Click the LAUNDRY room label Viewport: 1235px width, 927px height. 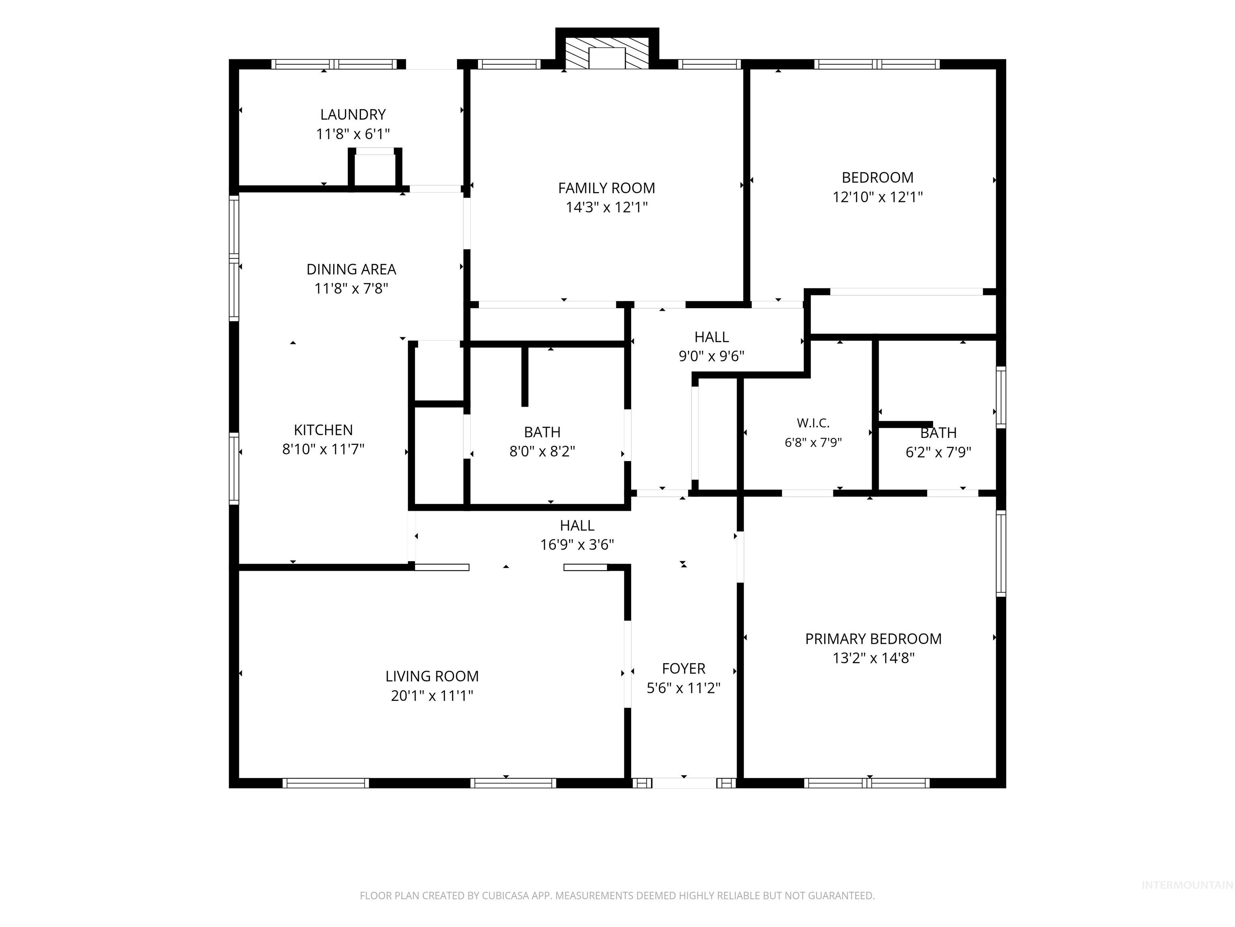tap(353, 115)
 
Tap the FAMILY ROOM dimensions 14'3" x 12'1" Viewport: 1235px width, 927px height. tap(607, 207)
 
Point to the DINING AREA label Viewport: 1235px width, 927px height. tap(351, 269)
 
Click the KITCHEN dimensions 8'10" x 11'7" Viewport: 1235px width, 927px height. tap(323, 449)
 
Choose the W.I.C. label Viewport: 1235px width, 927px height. tap(813, 423)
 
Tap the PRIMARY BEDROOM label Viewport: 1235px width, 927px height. tap(873, 639)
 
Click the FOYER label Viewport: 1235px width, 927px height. tap(683, 668)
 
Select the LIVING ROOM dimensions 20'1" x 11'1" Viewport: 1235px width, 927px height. tap(432, 696)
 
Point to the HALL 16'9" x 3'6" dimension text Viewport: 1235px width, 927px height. tap(577, 544)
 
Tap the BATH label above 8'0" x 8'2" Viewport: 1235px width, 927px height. tap(542, 432)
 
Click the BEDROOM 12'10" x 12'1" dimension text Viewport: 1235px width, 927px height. tap(878, 197)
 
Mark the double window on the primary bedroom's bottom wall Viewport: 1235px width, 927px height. tap(867, 783)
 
